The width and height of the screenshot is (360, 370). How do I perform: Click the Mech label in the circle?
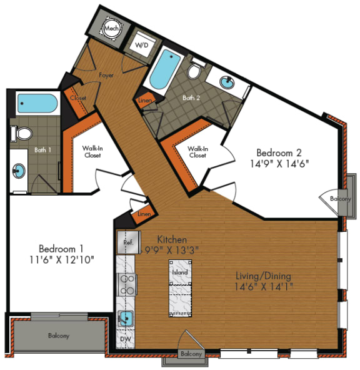pos(111,29)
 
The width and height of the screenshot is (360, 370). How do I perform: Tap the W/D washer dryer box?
pos(142,44)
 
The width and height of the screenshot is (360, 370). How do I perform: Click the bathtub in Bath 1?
pos(37,103)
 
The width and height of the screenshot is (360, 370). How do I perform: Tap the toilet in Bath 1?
pos(22,134)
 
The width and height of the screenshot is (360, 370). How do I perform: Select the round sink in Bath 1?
pos(19,171)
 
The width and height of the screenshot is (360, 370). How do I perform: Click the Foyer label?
pos(106,75)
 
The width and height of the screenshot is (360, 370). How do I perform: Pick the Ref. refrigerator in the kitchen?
pos(129,242)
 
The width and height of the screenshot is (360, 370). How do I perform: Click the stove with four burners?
pos(127,284)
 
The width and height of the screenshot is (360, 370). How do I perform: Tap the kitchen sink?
pos(126,319)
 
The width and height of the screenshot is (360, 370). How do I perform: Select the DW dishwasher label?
pos(126,339)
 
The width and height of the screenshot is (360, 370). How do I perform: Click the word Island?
pos(180,272)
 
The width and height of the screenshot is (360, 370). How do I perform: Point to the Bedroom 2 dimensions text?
pos(279,164)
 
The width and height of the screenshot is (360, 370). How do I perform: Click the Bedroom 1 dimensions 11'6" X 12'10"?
pos(62,260)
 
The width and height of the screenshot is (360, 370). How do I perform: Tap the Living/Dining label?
pos(264,276)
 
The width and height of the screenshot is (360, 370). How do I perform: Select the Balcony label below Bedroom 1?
pos(59,335)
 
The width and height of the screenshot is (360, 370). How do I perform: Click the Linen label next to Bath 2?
pos(145,101)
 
